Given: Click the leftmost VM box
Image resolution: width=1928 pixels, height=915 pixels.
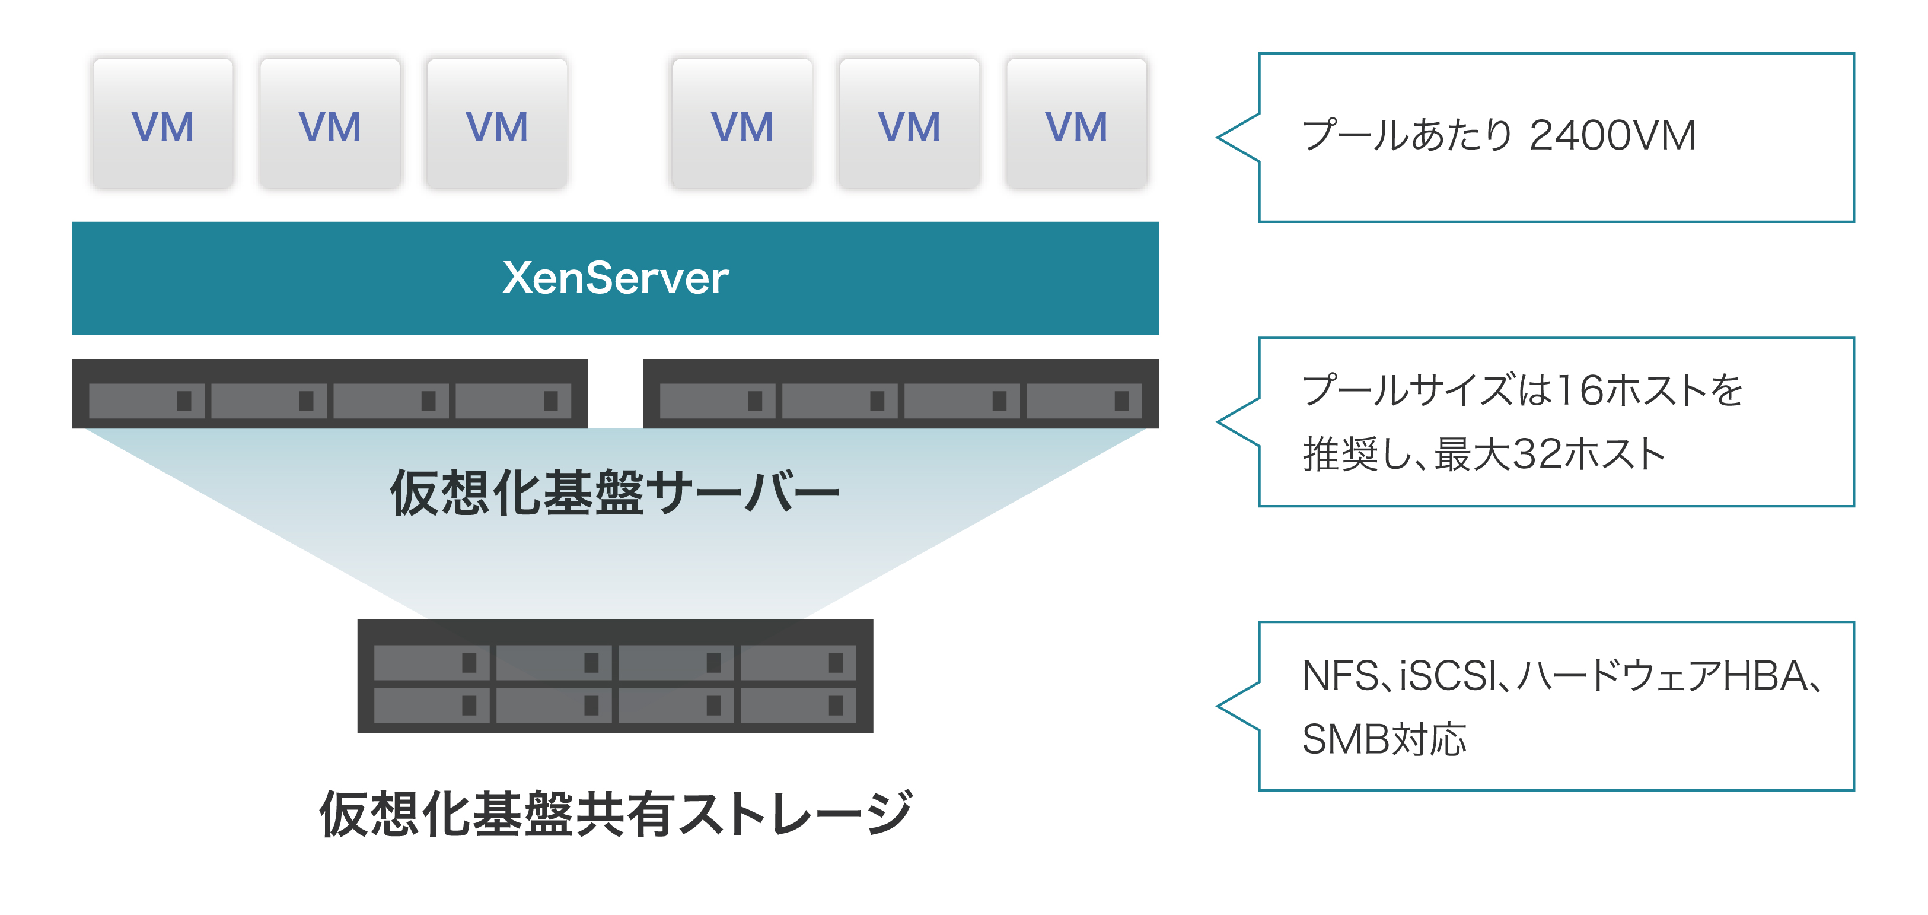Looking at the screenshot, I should click(162, 124).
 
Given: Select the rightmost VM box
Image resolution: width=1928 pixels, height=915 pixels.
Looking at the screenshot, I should click(1076, 124).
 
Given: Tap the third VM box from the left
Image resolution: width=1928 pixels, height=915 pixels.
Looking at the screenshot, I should click(497, 124).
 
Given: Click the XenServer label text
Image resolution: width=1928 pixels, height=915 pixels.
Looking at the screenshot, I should click(615, 278).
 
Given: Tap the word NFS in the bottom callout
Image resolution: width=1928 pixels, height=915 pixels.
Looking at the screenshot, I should click(1339, 675).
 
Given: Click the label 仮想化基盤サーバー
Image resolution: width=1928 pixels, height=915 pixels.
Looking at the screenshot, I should click(615, 493).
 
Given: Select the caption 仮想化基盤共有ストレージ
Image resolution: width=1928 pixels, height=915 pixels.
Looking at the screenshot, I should click(615, 814).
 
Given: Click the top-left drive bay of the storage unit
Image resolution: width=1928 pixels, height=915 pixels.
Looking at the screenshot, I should click(431, 662).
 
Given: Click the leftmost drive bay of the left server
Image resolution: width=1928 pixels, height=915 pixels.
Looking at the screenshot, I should click(146, 401).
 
